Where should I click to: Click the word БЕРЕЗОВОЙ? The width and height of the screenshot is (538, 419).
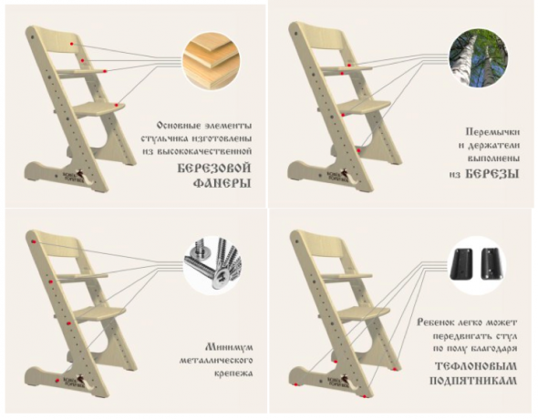tap(214, 169)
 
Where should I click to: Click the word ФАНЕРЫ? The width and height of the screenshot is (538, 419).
tap(222, 183)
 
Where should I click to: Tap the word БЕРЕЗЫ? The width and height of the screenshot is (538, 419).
tap(492, 174)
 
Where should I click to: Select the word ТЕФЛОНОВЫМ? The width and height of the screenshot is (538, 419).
tap(476, 366)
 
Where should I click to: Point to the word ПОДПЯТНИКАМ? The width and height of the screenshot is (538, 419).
tap(473, 381)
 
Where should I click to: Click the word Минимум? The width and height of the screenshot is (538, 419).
tap(229, 347)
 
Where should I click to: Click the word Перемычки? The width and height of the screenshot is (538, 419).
tap(492, 132)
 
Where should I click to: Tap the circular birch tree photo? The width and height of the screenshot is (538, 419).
tap(479, 58)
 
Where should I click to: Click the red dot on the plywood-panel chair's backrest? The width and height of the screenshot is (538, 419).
tap(72, 44)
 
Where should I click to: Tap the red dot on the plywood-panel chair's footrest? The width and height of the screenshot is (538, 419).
tap(117, 105)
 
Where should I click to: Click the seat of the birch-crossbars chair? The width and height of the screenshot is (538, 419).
tap(365, 107)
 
